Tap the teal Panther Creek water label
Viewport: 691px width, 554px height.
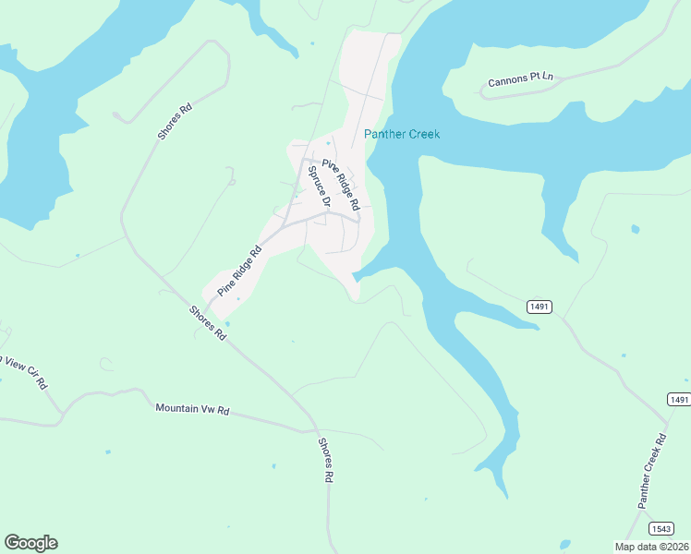click(402, 134)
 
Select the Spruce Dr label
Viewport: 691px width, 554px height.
click(319, 185)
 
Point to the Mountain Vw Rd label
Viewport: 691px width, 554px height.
click(191, 408)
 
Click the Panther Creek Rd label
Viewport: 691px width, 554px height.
click(652, 471)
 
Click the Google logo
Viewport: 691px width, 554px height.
click(30, 543)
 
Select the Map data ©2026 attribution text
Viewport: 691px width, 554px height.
click(650, 547)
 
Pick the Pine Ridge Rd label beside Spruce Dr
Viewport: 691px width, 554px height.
click(341, 172)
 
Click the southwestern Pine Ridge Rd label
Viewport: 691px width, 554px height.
click(240, 271)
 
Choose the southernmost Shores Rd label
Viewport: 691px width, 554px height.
click(324, 461)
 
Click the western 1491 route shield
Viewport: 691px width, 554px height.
click(539, 306)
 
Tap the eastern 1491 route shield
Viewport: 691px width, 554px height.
click(679, 399)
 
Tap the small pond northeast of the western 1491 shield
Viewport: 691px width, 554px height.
click(635, 229)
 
